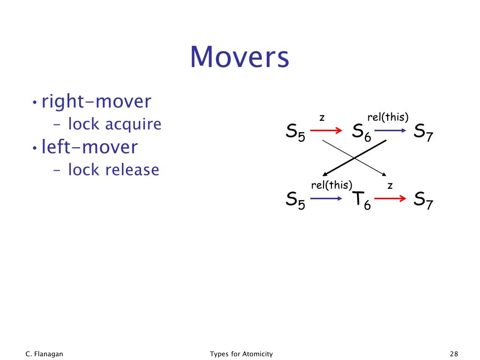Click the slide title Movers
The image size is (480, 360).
coord(240,57)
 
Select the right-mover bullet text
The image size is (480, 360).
coord(97,101)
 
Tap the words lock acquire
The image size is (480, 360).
coord(114,124)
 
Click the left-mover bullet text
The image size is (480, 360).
coord(90,147)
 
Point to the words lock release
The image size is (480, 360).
coord(113,170)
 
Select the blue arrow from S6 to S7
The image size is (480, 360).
coord(391,130)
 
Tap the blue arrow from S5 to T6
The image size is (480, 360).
coord(327,199)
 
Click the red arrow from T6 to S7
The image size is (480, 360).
coord(390,199)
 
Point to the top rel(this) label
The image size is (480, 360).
coord(388,117)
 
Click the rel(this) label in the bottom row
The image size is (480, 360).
coord(331,185)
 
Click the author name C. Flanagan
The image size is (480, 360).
coord(44,354)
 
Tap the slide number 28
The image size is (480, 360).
coord(453,354)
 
